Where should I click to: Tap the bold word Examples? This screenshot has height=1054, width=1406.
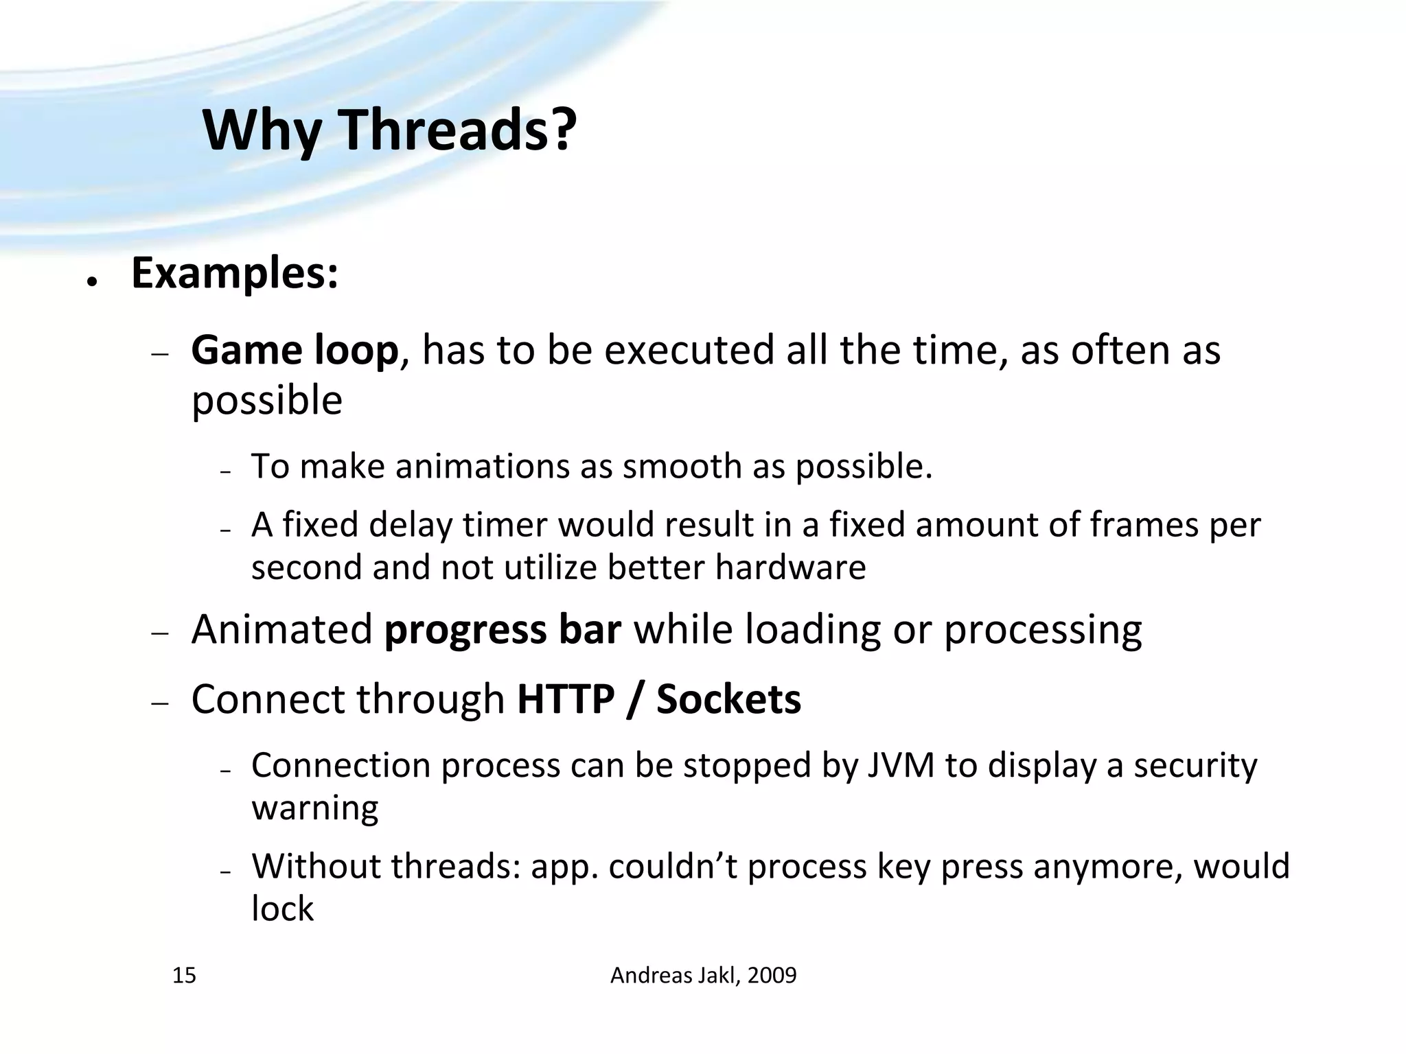point(234,273)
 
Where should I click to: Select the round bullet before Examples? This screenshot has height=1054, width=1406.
point(90,281)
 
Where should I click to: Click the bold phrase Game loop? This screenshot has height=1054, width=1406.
point(295,350)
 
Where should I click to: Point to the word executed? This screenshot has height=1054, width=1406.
point(689,350)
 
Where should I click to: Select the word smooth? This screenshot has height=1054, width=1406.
point(682,467)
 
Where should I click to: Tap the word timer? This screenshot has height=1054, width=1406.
point(505,525)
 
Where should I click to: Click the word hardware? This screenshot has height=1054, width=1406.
point(790,567)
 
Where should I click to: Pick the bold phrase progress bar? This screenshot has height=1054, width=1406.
point(503,629)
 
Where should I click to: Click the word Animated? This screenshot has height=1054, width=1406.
point(281,629)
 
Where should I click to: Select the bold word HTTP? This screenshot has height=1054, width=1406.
point(566,699)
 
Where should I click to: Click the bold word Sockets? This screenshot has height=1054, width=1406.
point(728,699)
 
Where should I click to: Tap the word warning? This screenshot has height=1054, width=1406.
point(315,808)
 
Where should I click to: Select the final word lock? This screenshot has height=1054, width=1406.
point(282,909)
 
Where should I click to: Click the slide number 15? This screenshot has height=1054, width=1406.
point(184,975)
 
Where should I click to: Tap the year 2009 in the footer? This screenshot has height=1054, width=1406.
point(772,975)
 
